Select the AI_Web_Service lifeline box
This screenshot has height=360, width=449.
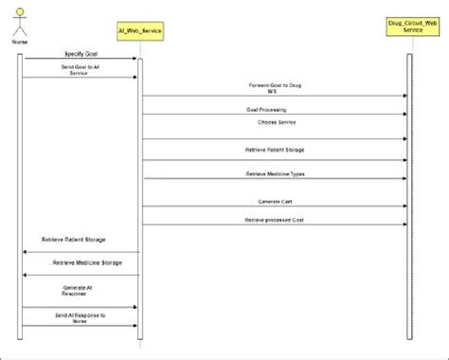(140, 31)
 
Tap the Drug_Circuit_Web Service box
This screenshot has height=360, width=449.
(409, 26)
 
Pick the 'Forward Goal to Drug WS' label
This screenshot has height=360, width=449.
(275, 88)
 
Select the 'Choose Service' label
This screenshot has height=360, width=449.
(275, 122)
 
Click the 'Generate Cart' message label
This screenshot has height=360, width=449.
(275, 201)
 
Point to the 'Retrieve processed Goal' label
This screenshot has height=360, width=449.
(275, 219)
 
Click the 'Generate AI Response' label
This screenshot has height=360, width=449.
(81, 291)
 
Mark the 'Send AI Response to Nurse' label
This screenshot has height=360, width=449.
(81, 315)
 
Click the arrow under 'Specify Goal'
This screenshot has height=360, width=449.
(81, 61)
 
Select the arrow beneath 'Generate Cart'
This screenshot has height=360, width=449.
(275, 207)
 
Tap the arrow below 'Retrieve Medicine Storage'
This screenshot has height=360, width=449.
(81, 276)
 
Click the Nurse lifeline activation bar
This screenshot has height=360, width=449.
(19, 189)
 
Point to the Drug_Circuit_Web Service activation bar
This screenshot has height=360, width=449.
(409, 189)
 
